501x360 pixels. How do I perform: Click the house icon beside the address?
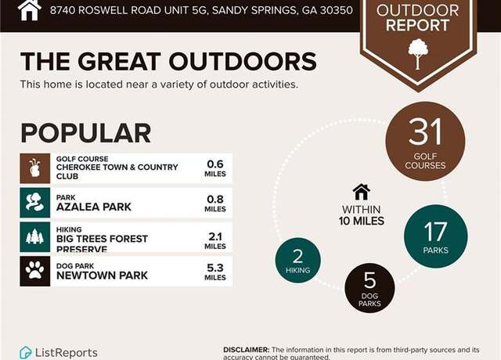click(x=30, y=9)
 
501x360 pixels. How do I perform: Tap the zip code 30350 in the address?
click(x=337, y=10)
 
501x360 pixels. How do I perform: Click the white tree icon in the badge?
click(x=418, y=54)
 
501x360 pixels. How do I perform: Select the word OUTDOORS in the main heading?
click(x=243, y=61)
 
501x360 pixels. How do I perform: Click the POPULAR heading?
click(x=85, y=133)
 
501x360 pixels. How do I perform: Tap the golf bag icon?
click(x=35, y=168)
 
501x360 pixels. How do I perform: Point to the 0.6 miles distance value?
click(x=215, y=168)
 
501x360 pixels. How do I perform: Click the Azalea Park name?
click(x=94, y=207)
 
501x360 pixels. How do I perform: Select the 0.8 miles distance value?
click(x=215, y=203)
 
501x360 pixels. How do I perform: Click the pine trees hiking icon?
click(x=35, y=237)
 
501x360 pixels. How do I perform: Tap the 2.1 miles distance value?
click(x=215, y=241)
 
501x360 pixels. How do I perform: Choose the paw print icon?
click(x=35, y=272)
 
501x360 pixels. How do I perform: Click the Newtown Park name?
click(x=102, y=275)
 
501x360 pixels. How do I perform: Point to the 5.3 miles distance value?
click(x=215, y=272)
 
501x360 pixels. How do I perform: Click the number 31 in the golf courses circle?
click(x=425, y=131)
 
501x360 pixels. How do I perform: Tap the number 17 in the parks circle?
click(x=435, y=232)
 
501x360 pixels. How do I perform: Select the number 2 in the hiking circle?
click(x=297, y=256)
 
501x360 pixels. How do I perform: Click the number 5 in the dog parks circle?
click(x=369, y=280)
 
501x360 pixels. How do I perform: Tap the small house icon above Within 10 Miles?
click(x=362, y=193)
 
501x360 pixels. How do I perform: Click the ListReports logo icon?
click(x=26, y=353)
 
